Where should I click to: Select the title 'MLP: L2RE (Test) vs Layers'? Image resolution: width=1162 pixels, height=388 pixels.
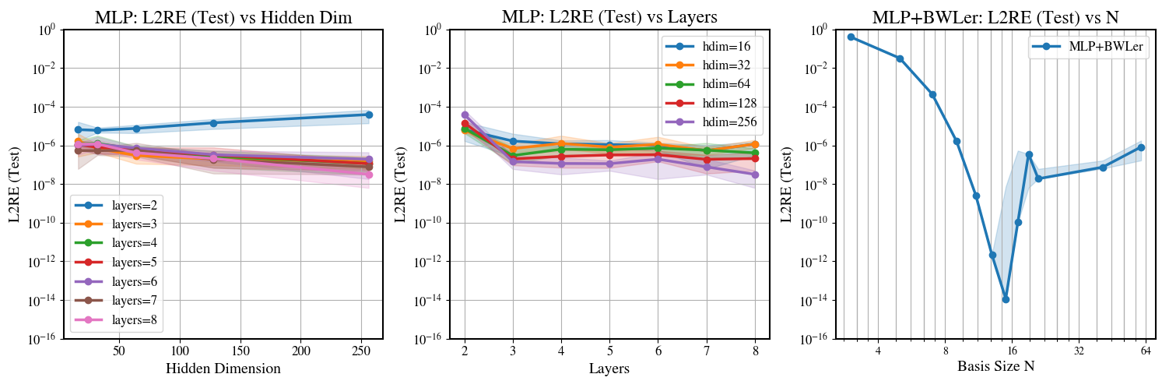pyautogui.click(x=609, y=16)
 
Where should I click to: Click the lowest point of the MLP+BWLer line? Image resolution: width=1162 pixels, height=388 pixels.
pyautogui.click(x=1006, y=299)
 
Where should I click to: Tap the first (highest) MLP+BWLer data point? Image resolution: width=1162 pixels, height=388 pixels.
pyautogui.click(x=851, y=37)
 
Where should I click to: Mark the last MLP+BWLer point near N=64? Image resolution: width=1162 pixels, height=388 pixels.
pyautogui.click(x=1141, y=147)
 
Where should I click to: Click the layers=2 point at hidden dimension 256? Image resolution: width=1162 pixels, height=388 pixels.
pyautogui.click(x=368, y=115)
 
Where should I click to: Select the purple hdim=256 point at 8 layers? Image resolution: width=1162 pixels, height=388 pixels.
pyautogui.click(x=755, y=175)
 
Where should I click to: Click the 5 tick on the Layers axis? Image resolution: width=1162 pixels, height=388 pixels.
pyautogui.click(x=609, y=351)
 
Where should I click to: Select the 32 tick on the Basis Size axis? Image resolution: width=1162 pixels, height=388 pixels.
pyautogui.click(x=1078, y=351)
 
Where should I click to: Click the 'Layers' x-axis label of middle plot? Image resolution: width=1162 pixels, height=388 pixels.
pyautogui.click(x=609, y=369)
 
